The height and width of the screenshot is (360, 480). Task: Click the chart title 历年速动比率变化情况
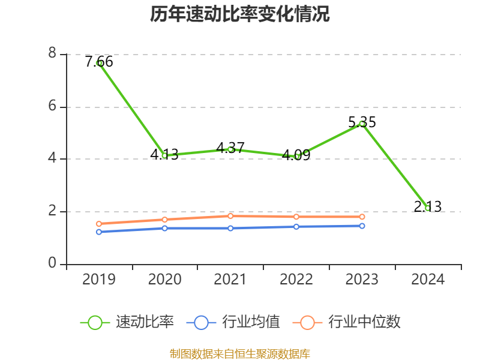pos(240,14)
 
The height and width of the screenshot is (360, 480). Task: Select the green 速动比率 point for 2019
pos(99,63)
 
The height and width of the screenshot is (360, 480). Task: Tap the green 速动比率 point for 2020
pos(164,155)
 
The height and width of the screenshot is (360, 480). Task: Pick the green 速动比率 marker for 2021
pos(230,149)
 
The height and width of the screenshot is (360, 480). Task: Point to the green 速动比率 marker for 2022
pos(296,156)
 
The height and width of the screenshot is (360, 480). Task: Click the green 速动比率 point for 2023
pos(362,124)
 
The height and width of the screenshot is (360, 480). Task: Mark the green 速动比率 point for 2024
pos(428,208)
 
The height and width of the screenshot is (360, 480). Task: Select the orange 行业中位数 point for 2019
pos(99,224)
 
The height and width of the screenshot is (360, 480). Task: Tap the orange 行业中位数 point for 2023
pos(362,217)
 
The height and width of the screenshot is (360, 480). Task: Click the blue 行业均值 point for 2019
pos(99,232)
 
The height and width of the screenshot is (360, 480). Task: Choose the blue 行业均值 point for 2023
pos(362,226)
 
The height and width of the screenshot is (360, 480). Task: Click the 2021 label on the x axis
pos(230,280)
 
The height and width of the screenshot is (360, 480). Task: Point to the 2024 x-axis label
pos(428,280)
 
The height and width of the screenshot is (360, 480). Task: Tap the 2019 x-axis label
pos(99,280)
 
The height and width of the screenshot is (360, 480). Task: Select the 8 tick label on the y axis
pos(52,54)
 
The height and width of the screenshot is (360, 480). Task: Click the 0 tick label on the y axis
pos(52,263)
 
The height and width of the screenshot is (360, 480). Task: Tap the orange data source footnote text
pos(240,354)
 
